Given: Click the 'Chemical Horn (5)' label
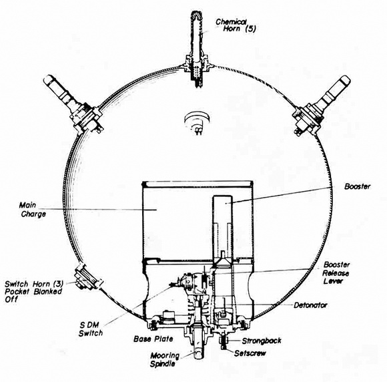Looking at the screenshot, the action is click(236, 25).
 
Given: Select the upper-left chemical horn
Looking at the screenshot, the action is click(73, 104).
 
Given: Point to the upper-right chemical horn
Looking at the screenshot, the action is click(321, 106).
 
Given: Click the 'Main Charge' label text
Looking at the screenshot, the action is click(33, 210).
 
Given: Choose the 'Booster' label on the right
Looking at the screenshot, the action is click(358, 186).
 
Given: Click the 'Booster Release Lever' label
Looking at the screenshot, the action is click(336, 272).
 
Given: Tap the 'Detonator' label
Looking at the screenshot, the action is click(310, 305).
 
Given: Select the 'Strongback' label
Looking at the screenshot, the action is click(262, 341).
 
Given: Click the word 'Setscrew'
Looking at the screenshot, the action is click(250, 353).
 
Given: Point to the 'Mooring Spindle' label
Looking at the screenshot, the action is click(165, 360).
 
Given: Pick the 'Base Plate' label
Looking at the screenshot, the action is click(153, 339).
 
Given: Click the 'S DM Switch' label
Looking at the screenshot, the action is click(91, 329).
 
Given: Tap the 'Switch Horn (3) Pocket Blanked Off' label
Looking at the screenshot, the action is click(33, 292).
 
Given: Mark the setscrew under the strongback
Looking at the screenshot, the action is click(224, 345).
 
